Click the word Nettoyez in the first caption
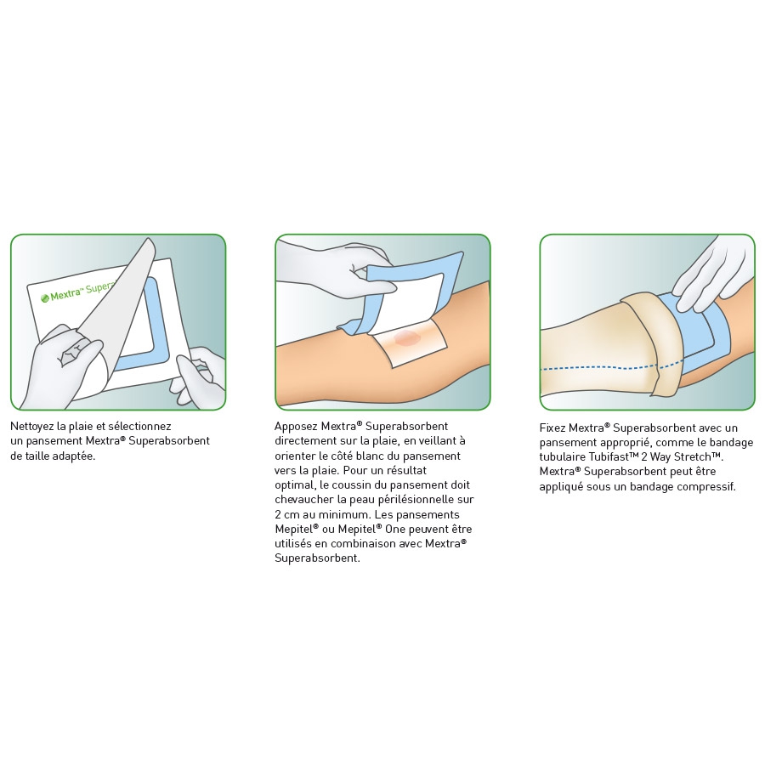coord(31,427)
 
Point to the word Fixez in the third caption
coord(552,428)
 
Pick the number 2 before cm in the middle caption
coord(278,515)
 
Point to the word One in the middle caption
coord(394,530)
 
